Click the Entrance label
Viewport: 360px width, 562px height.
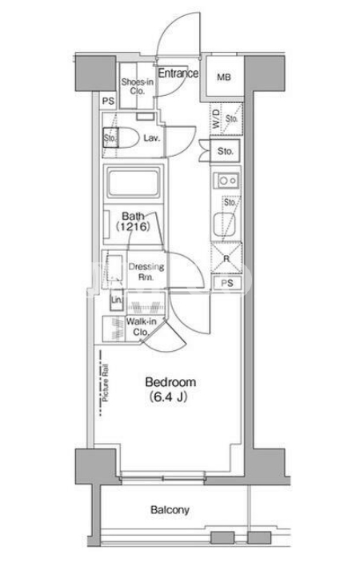coord(178,73)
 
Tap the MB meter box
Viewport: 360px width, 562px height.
coord(224,77)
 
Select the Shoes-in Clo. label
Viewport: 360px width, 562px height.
coord(137,86)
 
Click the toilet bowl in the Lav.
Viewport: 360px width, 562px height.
coord(128,138)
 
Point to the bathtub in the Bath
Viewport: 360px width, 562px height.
coord(134,183)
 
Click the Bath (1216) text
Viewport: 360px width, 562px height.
coord(133,221)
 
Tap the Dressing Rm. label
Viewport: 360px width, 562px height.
coord(146,272)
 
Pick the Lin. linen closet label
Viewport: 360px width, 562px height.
coord(116,300)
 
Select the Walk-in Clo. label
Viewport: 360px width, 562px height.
coord(141,326)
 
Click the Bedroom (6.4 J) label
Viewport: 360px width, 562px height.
coord(170,389)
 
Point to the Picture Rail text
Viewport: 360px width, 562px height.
coord(105,383)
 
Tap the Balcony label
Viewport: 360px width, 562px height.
coord(170,510)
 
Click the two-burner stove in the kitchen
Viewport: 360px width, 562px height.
coord(226,181)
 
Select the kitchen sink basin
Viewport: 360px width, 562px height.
coord(225,225)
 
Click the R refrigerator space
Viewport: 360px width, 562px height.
coord(226,258)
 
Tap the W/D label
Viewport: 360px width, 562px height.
coord(216,119)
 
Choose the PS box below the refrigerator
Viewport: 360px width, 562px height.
coord(227,283)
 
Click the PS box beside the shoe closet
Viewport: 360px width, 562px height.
coord(108,102)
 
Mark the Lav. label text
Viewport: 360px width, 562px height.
coord(152,138)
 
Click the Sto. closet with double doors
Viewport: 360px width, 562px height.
coord(225,151)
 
